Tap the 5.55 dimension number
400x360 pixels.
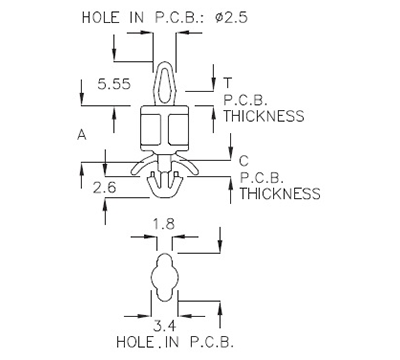pos(101,86)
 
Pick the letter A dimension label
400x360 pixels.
pos(81,132)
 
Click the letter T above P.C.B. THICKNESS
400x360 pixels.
pos(228,81)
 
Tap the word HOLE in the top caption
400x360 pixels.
pos(99,17)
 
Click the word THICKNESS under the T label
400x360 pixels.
pos(263,116)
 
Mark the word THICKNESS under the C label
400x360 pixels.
pos(281,193)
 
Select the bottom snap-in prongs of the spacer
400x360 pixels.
pos(166,185)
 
